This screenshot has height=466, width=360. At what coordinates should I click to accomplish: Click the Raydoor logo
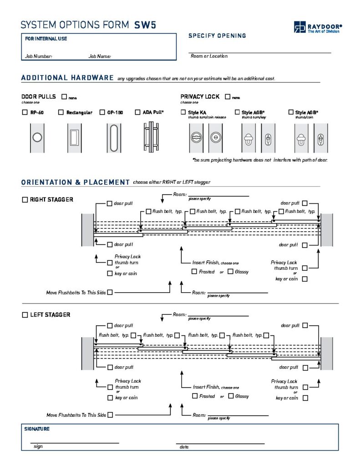coord(317,27)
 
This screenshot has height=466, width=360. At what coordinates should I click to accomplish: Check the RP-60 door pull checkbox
coord(25,112)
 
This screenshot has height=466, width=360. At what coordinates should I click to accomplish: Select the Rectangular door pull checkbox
coord(61,112)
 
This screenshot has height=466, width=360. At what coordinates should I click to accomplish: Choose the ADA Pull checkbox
coord(138,112)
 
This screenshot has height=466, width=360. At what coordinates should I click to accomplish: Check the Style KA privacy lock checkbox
coord(183,112)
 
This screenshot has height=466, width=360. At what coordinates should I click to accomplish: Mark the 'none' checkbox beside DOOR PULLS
coord(64,97)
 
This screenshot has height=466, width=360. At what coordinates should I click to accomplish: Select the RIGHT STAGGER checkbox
coord(25,200)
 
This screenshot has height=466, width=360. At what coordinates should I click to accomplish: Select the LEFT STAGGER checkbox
coord(25,315)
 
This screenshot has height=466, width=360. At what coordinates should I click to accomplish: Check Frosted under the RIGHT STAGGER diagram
coord(194,272)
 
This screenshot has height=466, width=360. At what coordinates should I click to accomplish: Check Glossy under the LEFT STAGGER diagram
coord(231,396)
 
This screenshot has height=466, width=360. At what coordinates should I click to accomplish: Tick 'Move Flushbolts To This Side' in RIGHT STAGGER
coord(110,293)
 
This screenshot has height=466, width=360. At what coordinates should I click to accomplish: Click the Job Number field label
coord(39,56)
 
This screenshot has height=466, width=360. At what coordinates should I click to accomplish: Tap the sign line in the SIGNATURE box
coord(75,442)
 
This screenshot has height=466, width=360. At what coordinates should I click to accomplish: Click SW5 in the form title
coord(145,25)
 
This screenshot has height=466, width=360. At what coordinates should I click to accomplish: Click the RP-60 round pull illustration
coord(37,137)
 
